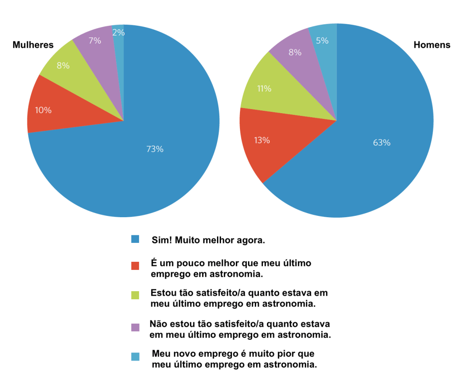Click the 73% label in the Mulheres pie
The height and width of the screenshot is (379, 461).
(x=154, y=149)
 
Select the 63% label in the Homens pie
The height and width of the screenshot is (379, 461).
(x=382, y=143)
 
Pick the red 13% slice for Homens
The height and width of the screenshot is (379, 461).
(x=266, y=144)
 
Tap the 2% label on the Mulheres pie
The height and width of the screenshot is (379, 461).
(x=119, y=32)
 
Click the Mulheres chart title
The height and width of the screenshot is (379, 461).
(x=33, y=45)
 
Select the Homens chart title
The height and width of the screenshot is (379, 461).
(x=432, y=45)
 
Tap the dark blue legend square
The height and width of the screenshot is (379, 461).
(x=135, y=239)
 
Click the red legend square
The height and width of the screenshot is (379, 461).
(x=135, y=266)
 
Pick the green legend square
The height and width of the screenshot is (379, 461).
(x=135, y=295)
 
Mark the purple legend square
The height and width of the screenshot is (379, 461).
(x=135, y=327)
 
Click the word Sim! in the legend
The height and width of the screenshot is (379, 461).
(x=161, y=240)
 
